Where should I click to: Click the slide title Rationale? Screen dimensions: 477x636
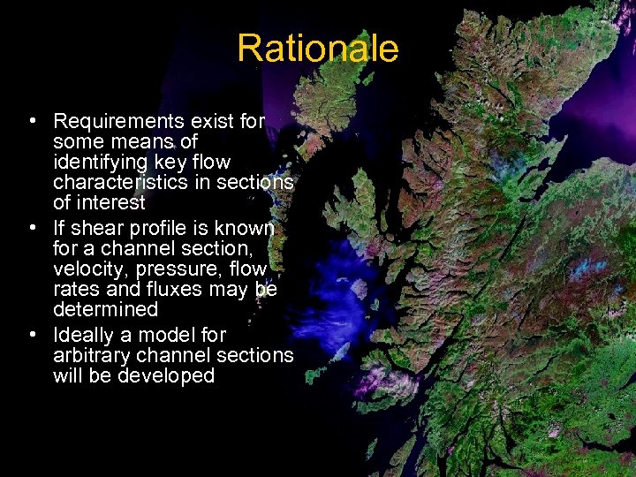317,48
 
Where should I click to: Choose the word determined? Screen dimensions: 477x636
105,309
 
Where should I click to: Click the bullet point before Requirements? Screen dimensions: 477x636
32,121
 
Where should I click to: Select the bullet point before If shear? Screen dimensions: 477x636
32,228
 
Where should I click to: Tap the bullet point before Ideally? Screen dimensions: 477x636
32,335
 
